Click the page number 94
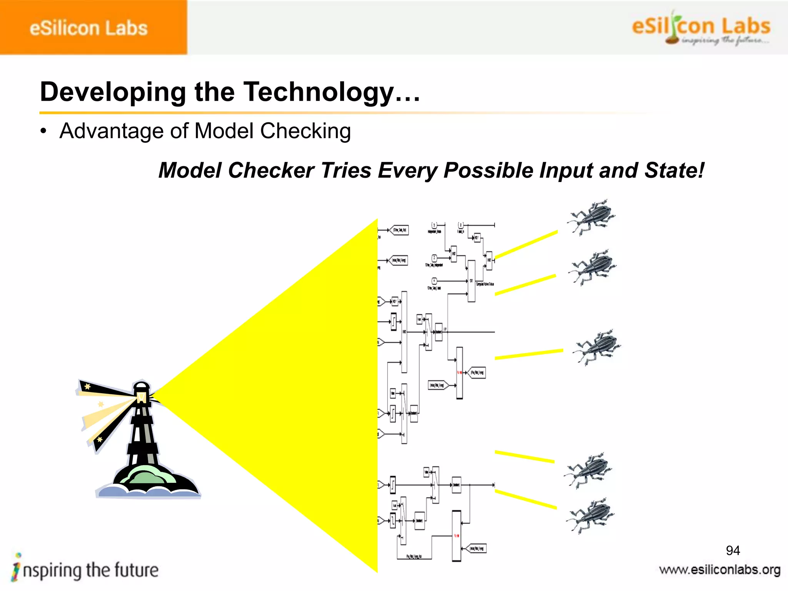(x=733, y=551)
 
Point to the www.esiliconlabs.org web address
(x=720, y=570)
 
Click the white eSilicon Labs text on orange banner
(x=88, y=28)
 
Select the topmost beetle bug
(x=591, y=217)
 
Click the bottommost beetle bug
(x=591, y=516)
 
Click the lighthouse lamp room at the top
(x=141, y=392)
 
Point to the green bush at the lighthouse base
(x=148, y=475)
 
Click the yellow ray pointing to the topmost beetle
(x=526, y=245)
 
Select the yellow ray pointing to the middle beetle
(x=529, y=354)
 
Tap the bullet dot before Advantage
(x=43, y=132)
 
